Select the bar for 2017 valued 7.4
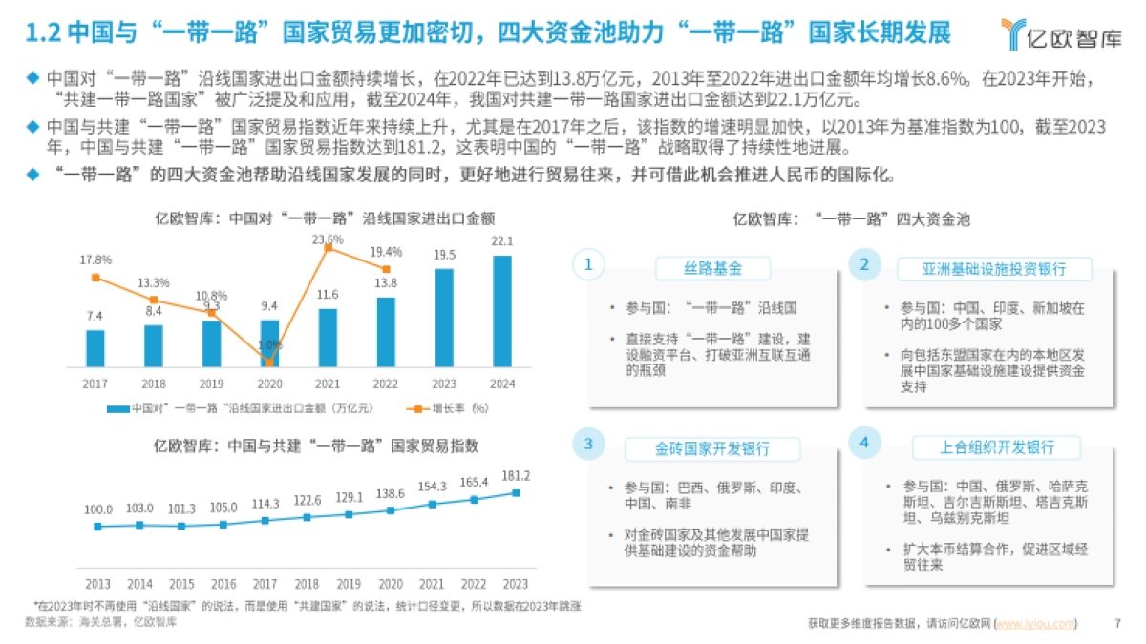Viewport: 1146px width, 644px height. pos(95,348)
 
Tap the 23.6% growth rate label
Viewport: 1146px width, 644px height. pos(328,239)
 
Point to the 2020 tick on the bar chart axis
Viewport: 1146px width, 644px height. pos(269,384)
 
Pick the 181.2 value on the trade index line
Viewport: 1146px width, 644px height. pos(516,475)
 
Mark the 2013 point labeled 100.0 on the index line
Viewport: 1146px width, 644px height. pos(97,526)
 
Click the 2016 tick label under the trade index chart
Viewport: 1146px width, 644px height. pos(223,584)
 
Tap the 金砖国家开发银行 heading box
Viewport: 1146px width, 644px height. pos(712,448)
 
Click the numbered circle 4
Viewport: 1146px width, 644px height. pos(863,444)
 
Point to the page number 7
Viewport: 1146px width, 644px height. pos(1118,624)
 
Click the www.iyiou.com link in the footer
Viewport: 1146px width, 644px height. pos(1035,624)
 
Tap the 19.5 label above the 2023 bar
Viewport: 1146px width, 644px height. pos(444,255)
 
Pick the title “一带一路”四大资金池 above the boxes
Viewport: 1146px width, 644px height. pos(851,218)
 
